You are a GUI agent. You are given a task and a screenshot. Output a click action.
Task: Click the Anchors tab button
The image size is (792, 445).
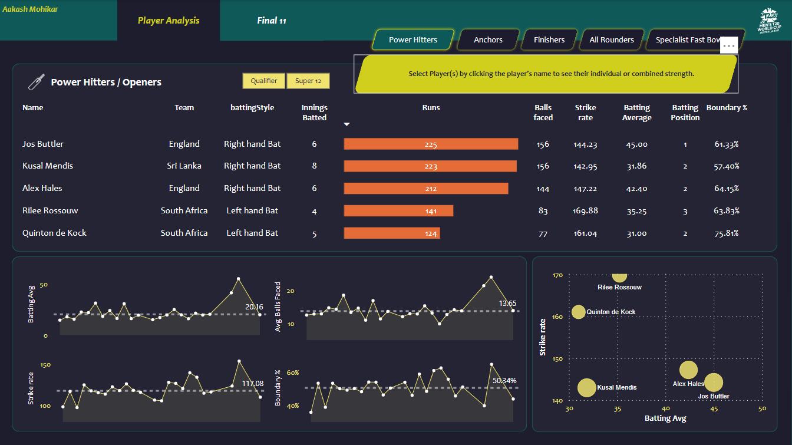488,40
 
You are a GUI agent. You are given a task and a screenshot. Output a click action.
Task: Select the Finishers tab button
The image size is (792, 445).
549,40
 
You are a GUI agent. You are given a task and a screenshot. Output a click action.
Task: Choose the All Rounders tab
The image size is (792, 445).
612,40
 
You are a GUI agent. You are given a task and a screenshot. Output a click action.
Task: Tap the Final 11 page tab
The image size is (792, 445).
272,21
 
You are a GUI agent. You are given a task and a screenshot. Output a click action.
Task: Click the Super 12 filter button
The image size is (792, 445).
308,81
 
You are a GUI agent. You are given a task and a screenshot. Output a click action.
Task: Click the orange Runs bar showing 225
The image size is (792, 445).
431,144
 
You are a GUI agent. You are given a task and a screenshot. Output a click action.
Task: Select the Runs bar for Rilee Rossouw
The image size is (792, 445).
398,211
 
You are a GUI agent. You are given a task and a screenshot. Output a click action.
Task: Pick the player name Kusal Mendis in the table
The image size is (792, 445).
48,166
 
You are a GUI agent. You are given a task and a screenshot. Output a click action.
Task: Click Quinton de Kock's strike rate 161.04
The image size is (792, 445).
585,233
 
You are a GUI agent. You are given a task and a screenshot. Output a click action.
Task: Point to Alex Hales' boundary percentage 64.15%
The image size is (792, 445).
727,189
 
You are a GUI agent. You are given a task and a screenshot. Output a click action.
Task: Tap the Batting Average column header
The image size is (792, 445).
637,113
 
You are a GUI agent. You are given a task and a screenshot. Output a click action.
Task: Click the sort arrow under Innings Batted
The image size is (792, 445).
347,124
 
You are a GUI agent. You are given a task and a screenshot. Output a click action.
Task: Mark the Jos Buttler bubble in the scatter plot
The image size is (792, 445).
714,383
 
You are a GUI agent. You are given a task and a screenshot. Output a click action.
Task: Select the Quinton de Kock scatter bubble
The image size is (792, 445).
579,312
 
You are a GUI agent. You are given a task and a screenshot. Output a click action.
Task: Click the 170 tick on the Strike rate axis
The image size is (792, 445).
557,275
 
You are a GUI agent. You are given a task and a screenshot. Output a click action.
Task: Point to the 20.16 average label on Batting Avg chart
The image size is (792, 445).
254,307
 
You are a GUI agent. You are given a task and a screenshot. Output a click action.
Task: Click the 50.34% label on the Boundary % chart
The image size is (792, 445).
504,381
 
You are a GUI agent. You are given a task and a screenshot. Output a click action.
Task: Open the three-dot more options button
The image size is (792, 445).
729,45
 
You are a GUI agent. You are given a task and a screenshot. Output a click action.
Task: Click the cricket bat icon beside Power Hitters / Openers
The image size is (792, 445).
37,82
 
